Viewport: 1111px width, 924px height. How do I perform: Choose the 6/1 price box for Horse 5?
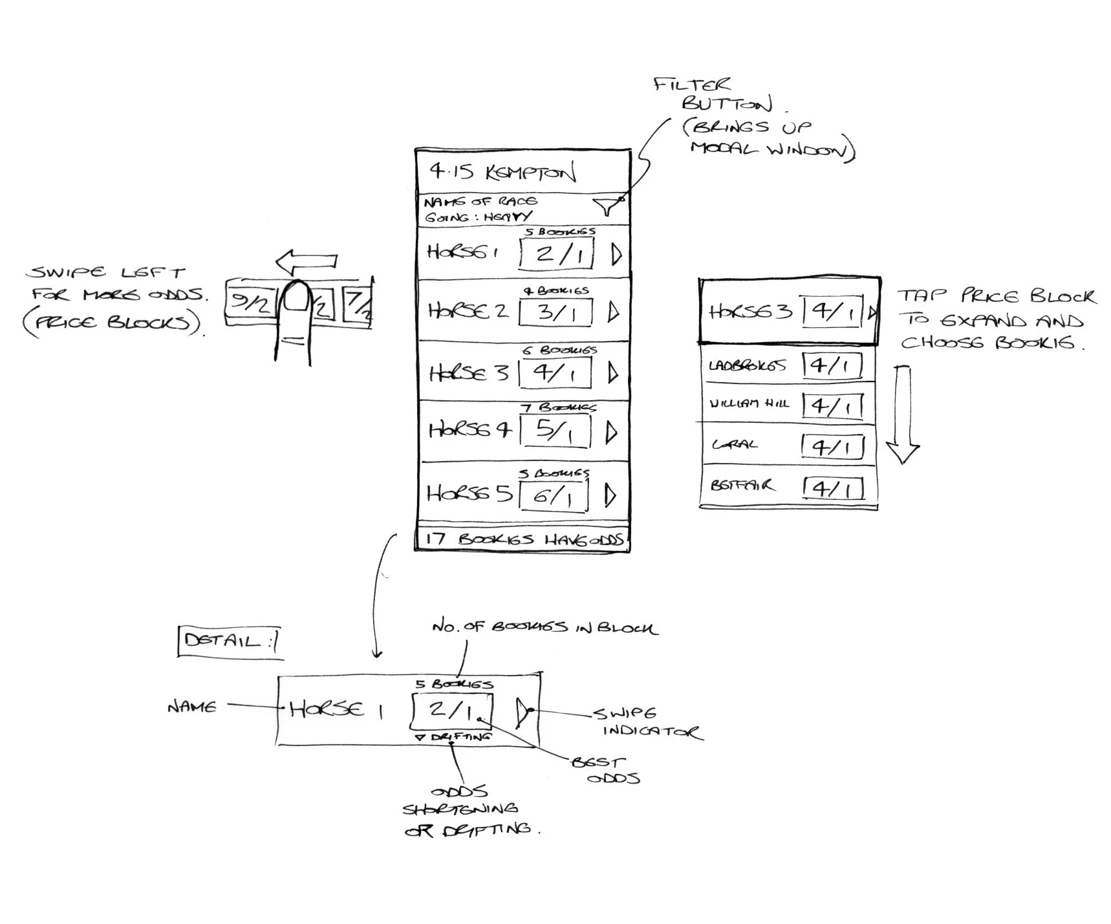[554, 496]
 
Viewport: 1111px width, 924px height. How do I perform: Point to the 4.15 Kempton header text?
[502, 172]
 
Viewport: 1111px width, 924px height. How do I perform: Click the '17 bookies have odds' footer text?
[524, 539]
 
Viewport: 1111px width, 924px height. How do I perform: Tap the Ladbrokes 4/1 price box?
[832, 365]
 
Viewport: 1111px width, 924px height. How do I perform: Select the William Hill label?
[749, 403]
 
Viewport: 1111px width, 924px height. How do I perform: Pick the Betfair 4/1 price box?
[833, 488]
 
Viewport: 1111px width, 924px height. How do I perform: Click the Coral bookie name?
[735, 445]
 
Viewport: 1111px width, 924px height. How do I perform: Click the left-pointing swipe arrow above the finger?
[307, 261]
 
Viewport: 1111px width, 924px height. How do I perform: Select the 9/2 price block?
[250, 301]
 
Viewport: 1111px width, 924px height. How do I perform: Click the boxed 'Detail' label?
[230, 641]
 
